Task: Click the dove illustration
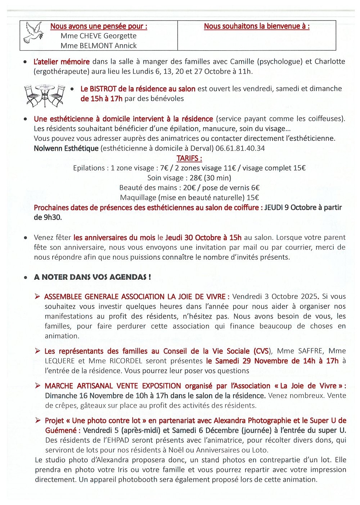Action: pos(33,32)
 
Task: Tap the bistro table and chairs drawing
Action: pos(45,95)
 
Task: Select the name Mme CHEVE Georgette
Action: pos(98,36)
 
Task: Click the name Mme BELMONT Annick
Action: pos(98,46)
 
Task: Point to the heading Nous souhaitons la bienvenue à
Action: pos(256,26)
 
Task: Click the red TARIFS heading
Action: pos(189,158)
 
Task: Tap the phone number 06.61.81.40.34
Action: pos(240,148)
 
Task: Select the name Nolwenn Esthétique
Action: pos(66,148)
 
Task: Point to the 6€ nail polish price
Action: pos(255,188)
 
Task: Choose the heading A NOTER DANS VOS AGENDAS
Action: pos(93,277)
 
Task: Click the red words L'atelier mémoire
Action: pos(62,62)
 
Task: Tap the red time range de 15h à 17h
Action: pos(101,99)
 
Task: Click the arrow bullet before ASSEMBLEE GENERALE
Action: pos(37,296)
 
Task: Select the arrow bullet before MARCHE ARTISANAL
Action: pos(37,385)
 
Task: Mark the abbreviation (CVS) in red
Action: pos(262,351)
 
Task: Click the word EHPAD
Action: pos(118,440)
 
